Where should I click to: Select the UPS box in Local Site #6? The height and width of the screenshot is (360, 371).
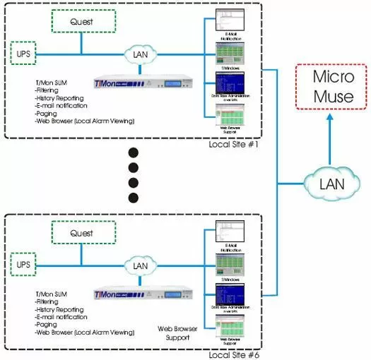coord(24,264)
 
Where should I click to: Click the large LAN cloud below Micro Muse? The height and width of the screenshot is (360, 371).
coord(331,185)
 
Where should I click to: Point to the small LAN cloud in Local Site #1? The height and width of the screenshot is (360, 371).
coord(142,54)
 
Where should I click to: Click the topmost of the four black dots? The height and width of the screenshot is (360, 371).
coord(134,153)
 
